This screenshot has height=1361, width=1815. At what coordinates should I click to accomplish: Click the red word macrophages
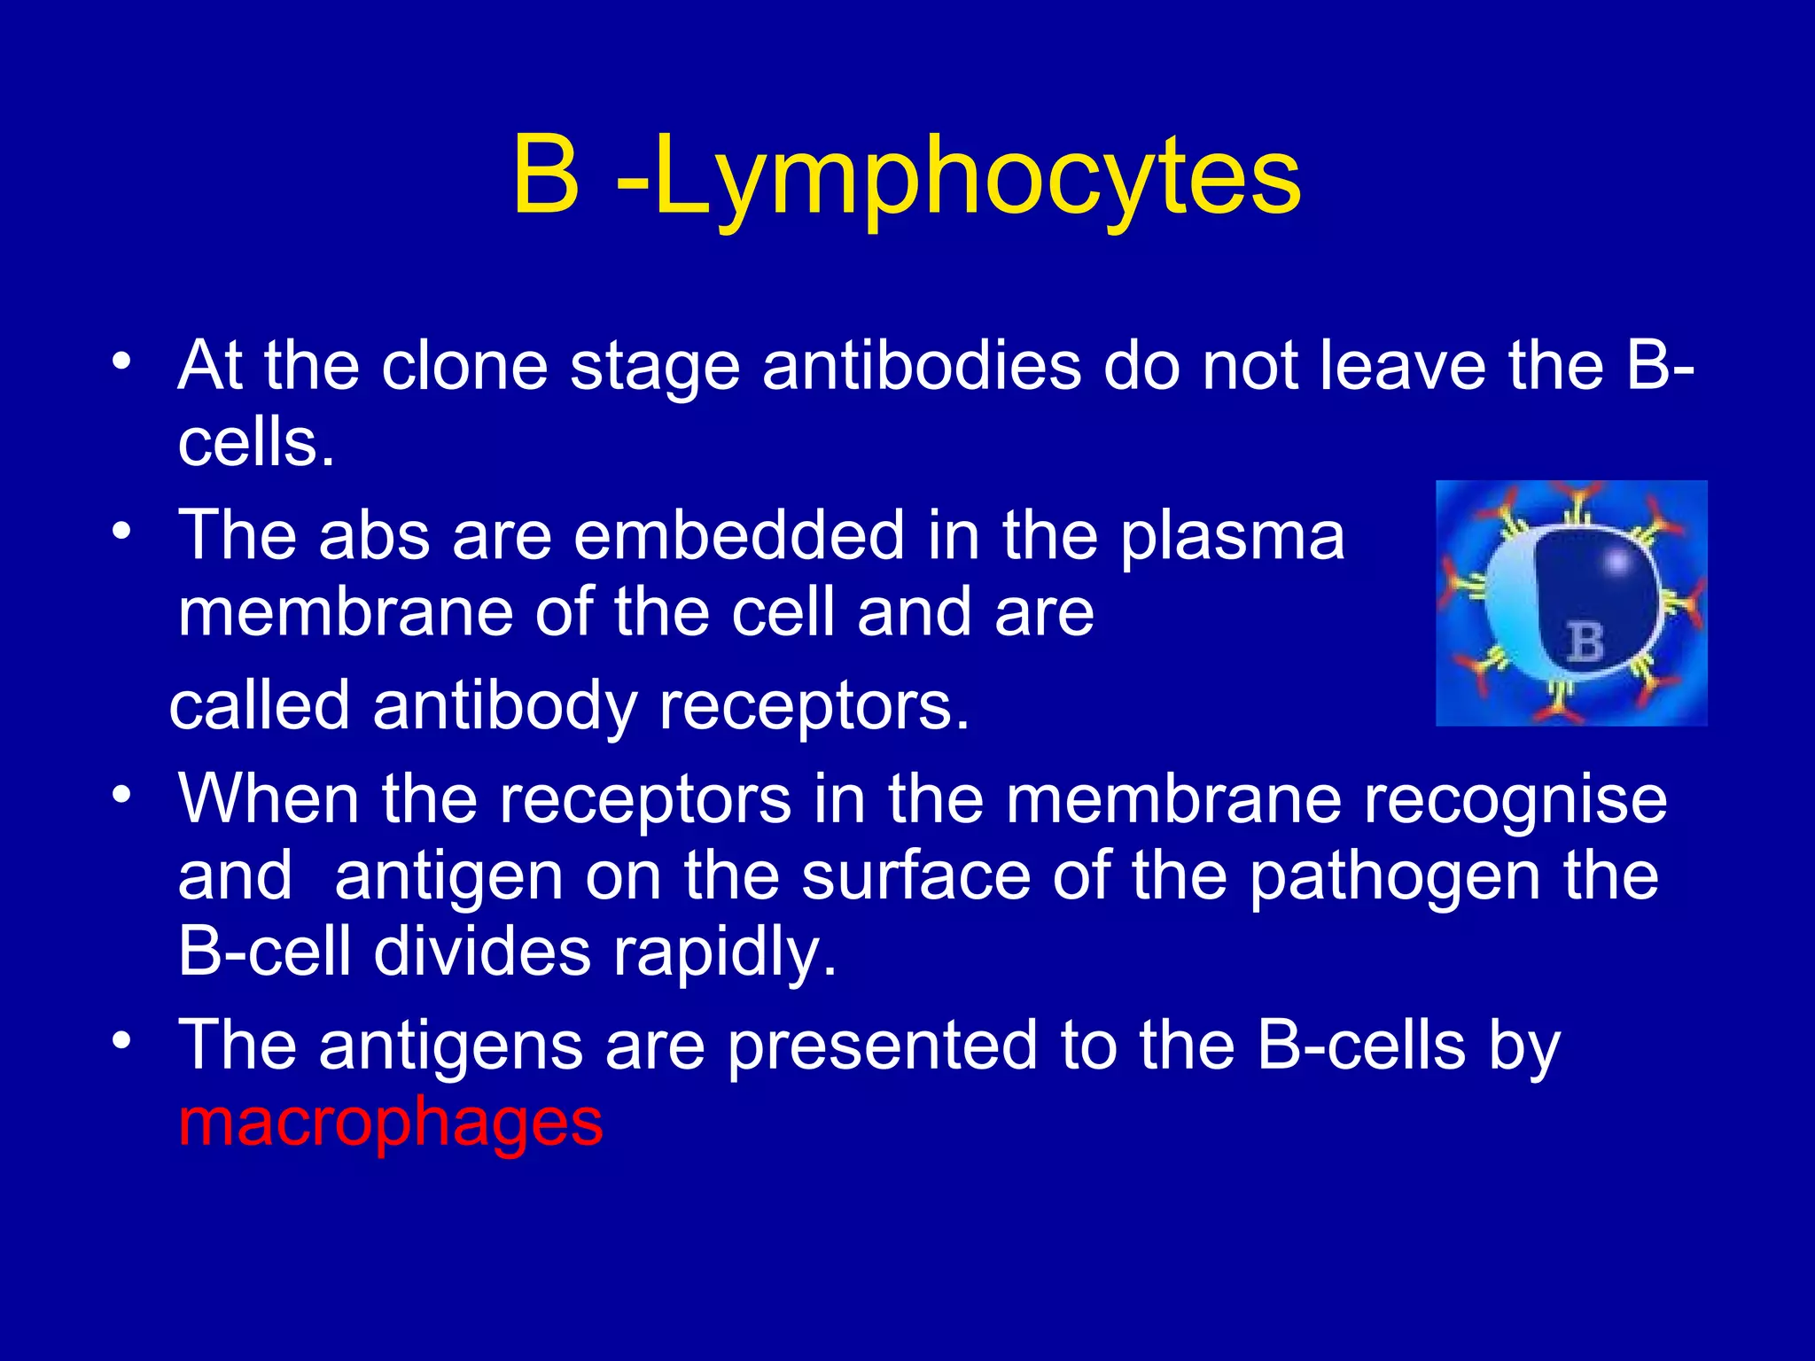(390, 1122)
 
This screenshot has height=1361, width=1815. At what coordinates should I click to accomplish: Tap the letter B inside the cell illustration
(1585, 642)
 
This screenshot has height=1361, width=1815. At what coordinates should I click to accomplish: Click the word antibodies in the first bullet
(921, 366)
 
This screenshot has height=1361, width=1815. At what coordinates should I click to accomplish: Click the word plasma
(1233, 535)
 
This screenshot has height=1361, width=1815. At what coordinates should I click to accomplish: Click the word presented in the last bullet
(882, 1046)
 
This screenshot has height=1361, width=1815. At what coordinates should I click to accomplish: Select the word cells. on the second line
(256, 442)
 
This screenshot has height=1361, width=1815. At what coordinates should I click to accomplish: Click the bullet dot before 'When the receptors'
(122, 795)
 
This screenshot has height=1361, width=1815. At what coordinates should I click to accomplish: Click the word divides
(482, 953)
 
